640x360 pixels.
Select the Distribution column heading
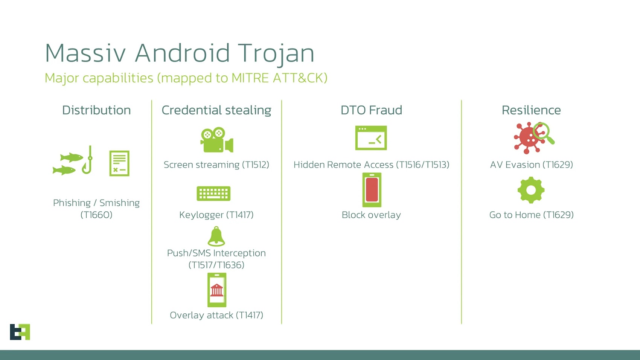point(96,110)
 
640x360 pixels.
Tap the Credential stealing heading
point(216,110)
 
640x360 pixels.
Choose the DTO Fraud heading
point(371,110)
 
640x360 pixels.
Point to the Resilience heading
point(531,110)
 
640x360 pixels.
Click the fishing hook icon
point(88,160)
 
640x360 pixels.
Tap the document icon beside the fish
point(119,163)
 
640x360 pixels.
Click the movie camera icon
point(216,140)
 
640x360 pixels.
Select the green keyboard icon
point(213,194)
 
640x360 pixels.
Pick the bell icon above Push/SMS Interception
point(216,236)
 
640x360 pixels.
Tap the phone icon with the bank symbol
point(217,290)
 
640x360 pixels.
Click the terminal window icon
point(371,138)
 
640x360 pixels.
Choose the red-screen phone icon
point(372,190)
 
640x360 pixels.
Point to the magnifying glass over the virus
point(544,132)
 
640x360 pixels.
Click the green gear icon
point(531,190)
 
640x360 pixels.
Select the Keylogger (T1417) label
point(216,215)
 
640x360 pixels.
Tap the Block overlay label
point(371,215)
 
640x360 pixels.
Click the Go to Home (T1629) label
point(531,215)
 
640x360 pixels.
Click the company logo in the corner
point(20,332)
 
